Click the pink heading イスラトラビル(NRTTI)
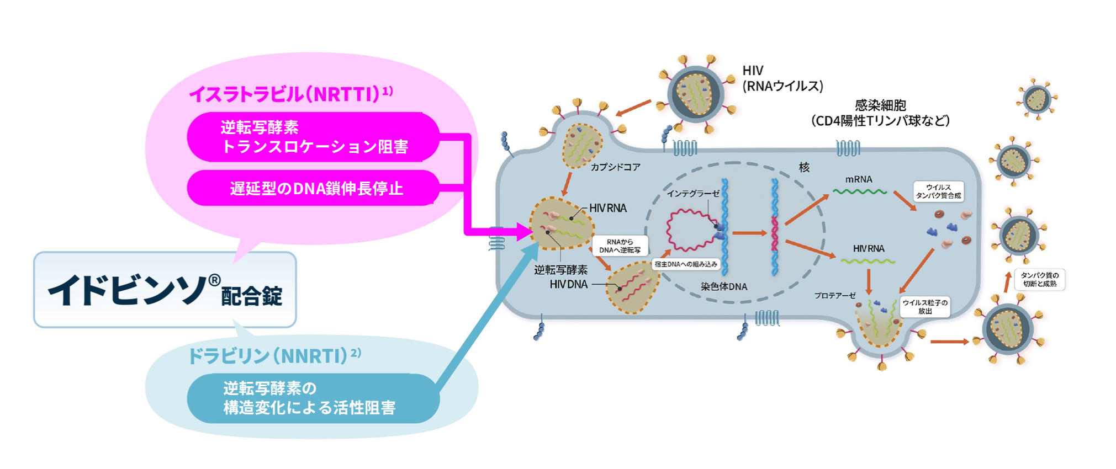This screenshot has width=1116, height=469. pos(290,94)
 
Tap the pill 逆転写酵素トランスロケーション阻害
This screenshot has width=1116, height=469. pos(313,137)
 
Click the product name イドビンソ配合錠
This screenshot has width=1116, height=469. pos(165,290)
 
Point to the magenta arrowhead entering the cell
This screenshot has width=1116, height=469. pos(522,231)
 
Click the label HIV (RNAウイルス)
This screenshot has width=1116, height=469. pos(782,78)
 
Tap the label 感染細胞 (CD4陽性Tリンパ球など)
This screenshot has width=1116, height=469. pos(880,113)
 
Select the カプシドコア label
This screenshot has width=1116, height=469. pos(615,167)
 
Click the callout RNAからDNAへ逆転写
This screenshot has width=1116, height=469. pos(620,246)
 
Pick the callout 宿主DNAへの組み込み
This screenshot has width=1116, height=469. pos(685,264)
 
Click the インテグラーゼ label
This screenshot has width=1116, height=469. pos(693,194)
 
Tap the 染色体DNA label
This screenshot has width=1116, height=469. pos(723,286)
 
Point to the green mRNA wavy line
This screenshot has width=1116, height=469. pos(859,192)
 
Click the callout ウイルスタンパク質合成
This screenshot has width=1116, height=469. pos(938,191)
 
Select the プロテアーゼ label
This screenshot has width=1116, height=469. pos(834,296)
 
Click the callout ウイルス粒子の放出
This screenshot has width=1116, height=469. pos(925,307)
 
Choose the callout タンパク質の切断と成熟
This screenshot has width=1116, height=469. pos(1039,280)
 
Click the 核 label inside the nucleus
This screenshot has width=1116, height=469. pos(804,168)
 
